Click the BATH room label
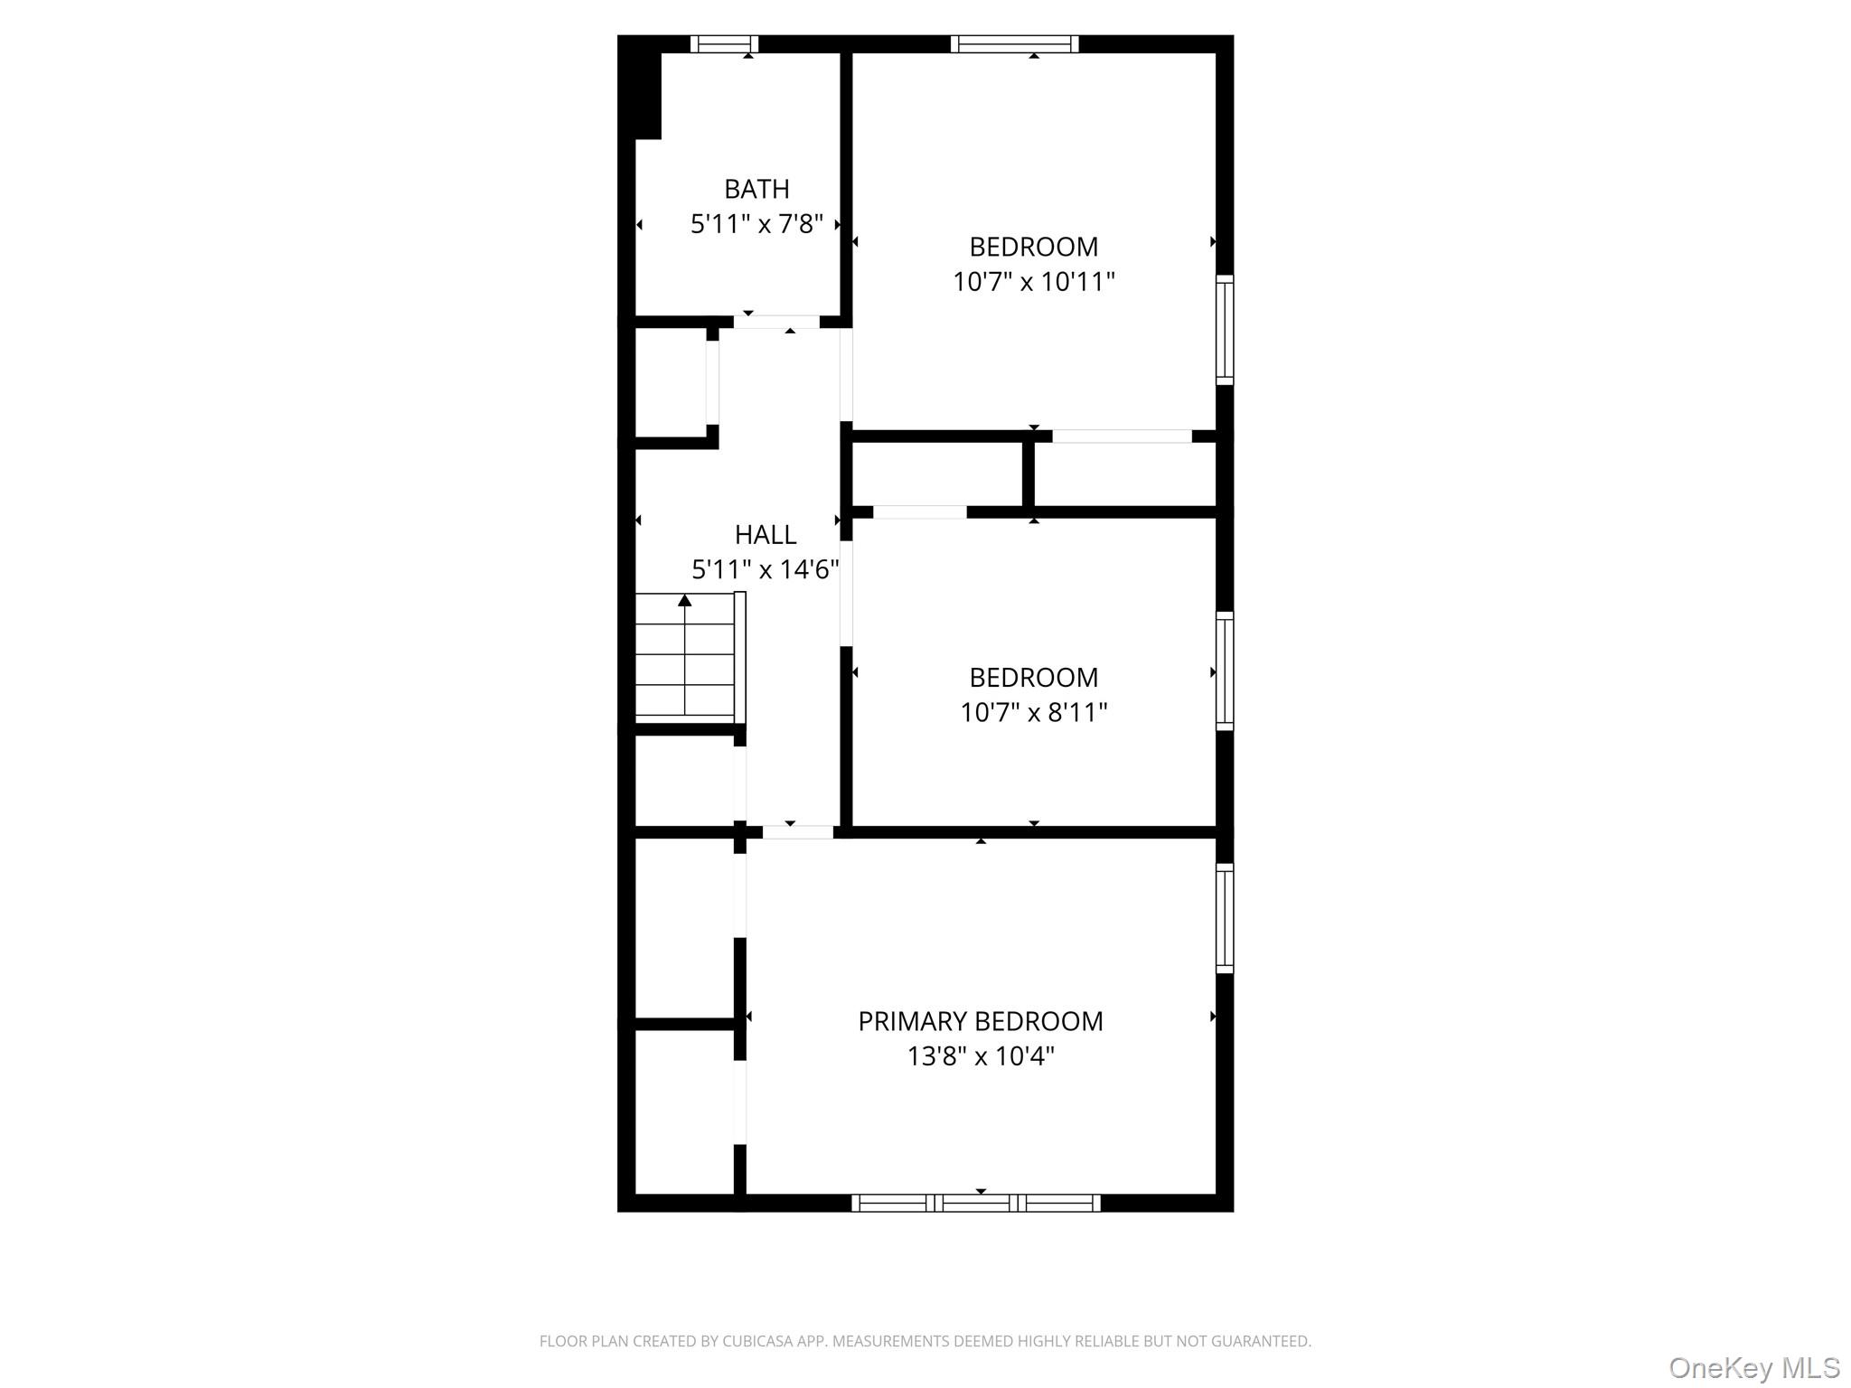click(x=756, y=189)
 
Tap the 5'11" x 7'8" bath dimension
click(x=756, y=224)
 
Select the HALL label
click(x=765, y=535)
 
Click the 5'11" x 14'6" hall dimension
click(x=765, y=570)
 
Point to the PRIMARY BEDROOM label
click(x=980, y=1021)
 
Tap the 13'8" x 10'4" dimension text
click(x=980, y=1056)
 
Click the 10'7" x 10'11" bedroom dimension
click(x=1033, y=282)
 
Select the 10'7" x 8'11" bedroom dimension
click(x=1033, y=713)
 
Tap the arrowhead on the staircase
click(x=685, y=600)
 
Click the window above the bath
click(x=724, y=43)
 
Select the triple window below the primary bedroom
click(x=976, y=1203)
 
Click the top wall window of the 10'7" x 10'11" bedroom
click(x=1014, y=43)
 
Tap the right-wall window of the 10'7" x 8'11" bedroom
click(x=1225, y=671)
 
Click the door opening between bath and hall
click(x=776, y=322)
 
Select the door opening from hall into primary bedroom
click(x=797, y=832)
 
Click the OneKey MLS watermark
click(x=1753, y=1368)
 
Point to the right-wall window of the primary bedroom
click(x=1225, y=918)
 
